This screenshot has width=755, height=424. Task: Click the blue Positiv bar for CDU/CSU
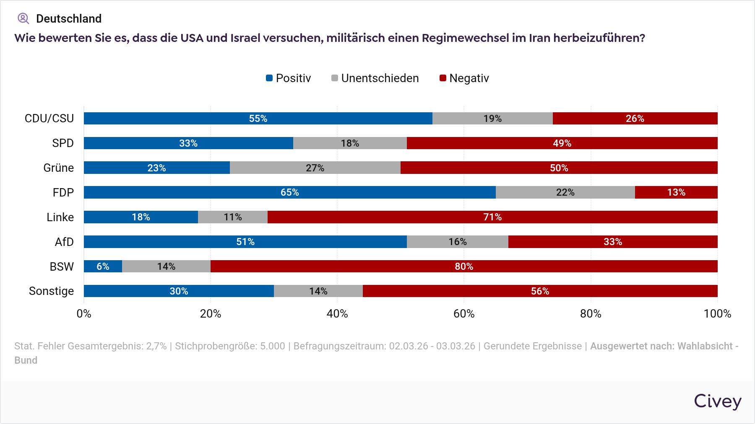tap(258, 119)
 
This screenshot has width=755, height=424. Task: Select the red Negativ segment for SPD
tap(562, 143)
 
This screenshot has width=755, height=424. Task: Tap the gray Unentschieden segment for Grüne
tap(315, 168)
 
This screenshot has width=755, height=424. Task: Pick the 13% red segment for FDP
tap(676, 192)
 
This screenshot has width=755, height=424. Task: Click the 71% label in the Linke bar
tap(492, 217)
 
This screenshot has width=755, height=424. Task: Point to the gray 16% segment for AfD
tap(457, 242)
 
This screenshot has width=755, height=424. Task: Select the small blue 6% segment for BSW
tap(103, 266)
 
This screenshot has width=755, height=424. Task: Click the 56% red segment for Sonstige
tap(540, 291)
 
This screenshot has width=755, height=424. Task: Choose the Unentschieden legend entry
tap(375, 78)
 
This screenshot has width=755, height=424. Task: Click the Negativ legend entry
tap(464, 78)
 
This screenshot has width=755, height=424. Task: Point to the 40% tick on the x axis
tap(337, 314)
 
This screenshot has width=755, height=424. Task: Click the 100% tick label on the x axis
tap(717, 314)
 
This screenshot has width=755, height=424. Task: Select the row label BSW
tap(62, 266)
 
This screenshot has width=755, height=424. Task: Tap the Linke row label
tap(60, 217)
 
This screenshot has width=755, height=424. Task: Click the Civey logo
tap(717, 401)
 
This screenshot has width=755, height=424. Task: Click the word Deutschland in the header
tap(69, 18)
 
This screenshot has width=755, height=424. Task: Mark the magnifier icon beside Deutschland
tap(23, 18)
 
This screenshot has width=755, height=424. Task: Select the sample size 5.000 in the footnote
tap(272, 346)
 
